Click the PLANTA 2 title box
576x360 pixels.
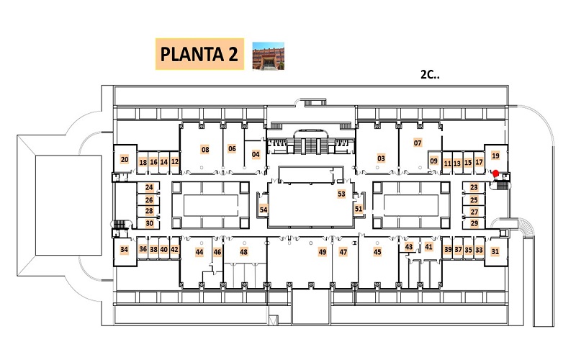click(x=200, y=54)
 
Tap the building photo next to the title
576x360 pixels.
click(x=268, y=55)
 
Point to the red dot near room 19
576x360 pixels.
click(x=496, y=174)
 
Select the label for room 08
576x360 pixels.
click(x=205, y=150)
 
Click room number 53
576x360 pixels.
click(x=341, y=194)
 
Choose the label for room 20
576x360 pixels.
click(x=125, y=159)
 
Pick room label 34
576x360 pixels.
click(x=124, y=250)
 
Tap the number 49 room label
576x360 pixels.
click(x=322, y=252)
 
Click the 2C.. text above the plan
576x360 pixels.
click(x=430, y=75)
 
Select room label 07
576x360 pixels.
click(x=418, y=143)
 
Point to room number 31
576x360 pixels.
click(x=495, y=251)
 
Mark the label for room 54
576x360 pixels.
click(x=264, y=210)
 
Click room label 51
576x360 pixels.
click(x=359, y=209)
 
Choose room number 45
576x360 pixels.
click(x=377, y=251)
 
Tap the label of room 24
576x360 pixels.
click(x=149, y=187)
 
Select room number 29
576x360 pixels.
click(x=474, y=223)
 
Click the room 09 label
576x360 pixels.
click(x=434, y=161)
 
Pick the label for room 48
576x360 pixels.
click(x=244, y=252)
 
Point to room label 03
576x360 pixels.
click(x=381, y=158)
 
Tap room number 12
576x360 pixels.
click(x=175, y=161)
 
